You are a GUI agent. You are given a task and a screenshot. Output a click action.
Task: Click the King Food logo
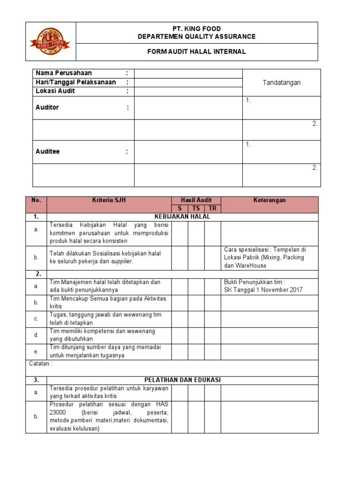pyautogui.click(x=50, y=41)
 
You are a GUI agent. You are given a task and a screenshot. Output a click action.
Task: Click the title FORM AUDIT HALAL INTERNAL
pyautogui.click(x=196, y=52)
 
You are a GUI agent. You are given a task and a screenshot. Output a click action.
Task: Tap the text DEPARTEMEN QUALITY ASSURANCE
pyautogui.click(x=196, y=36)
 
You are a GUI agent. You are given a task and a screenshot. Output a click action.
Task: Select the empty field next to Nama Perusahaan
pyautogui.click(x=188, y=73)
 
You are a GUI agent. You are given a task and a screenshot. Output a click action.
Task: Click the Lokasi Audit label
pyautogui.click(x=55, y=91)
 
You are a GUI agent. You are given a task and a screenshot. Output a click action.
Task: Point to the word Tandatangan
pyautogui.click(x=281, y=82)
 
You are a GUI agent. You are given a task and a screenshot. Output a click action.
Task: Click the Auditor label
pyautogui.click(x=47, y=107)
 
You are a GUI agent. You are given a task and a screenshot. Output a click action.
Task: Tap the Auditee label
pyautogui.click(x=48, y=152)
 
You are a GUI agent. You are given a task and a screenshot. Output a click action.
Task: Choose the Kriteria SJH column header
pyautogui.click(x=109, y=200)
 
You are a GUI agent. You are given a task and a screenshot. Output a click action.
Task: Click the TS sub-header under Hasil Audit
pyautogui.click(x=196, y=209)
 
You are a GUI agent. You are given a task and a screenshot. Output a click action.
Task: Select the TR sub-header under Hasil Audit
pyautogui.click(x=212, y=209)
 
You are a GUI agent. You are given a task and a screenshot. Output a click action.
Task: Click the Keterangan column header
pyautogui.click(x=269, y=200)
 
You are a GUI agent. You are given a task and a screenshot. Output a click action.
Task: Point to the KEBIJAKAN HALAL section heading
pyautogui.click(x=182, y=217)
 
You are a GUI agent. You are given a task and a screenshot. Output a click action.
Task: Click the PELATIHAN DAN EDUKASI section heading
pyautogui.click(x=182, y=380)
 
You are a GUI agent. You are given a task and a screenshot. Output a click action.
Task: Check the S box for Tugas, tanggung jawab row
pyautogui.click(x=180, y=319)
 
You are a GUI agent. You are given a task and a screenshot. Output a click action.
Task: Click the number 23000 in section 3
pyautogui.click(x=59, y=412)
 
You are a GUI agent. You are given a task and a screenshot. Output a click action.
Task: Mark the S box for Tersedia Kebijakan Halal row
pyautogui.click(x=180, y=233)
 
